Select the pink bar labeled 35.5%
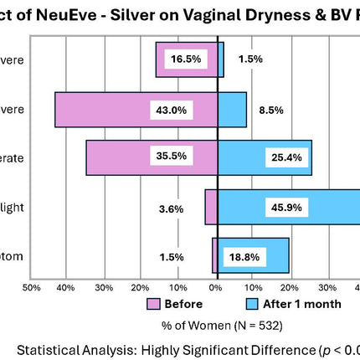click(117, 157)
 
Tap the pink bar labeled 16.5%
click(167, 59)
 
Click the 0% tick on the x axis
click(215, 287)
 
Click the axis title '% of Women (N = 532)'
click(215, 323)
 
